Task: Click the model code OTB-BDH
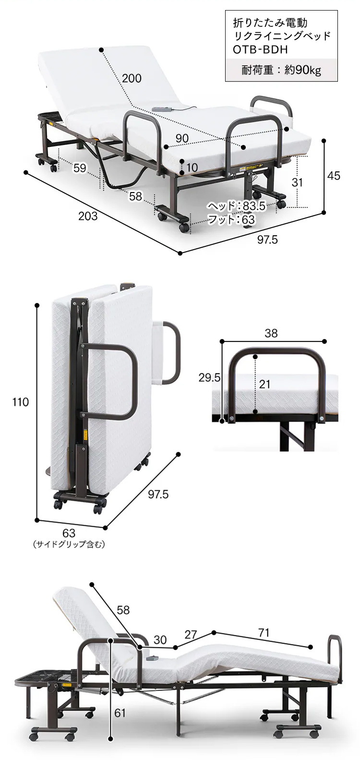coord(260,49)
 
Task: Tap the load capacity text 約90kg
coord(303,70)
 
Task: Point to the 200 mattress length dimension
coord(132,79)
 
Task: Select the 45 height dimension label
coord(334,176)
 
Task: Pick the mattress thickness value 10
coord(192,167)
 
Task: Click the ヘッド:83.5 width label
coord(237,206)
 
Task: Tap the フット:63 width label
coord(231,219)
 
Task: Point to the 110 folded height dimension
coord(21,402)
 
